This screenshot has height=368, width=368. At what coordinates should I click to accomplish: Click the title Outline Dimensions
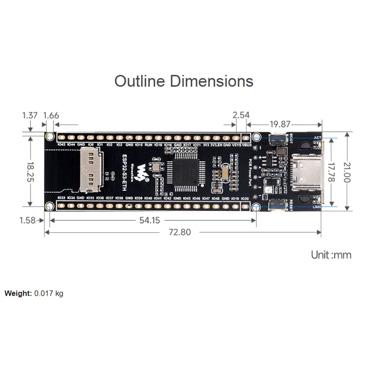click(184, 81)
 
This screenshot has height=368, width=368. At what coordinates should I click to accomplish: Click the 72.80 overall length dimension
click(179, 232)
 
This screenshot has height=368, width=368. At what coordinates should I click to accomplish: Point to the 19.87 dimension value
click(280, 124)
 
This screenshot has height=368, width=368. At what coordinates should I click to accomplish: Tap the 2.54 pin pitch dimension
click(241, 115)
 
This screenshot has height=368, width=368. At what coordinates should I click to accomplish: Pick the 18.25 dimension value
click(30, 171)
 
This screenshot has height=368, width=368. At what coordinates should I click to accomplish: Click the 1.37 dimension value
click(29, 115)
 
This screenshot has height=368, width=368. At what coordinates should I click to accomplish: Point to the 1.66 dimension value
click(51, 115)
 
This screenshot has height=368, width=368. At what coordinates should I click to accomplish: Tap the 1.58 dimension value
click(28, 220)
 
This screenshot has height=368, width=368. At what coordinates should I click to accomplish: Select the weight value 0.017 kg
click(49, 293)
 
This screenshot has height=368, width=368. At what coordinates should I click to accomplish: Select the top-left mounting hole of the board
click(50, 136)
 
